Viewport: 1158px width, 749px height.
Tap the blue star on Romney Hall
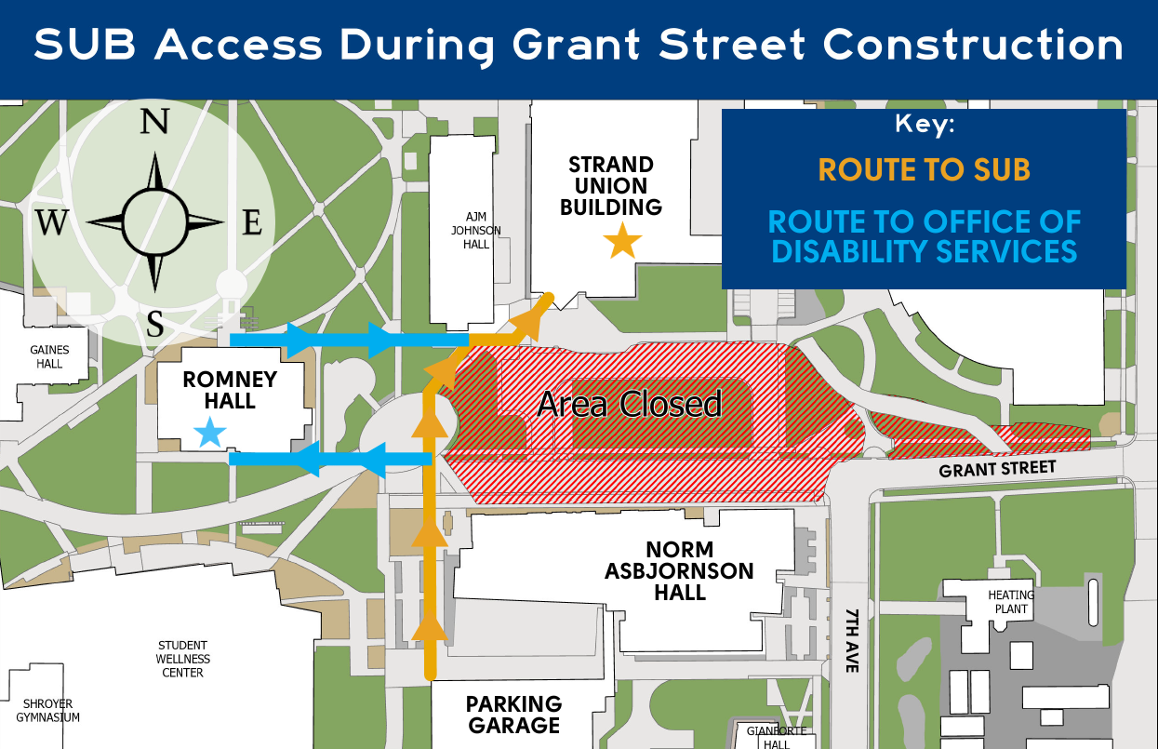tap(211, 432)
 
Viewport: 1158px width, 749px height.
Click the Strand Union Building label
tap(611, 186)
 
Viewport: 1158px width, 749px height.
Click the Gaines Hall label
tap(49, 357)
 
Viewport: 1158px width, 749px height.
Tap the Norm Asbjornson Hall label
tap(679, 570)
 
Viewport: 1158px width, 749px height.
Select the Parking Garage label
tap(514, 715)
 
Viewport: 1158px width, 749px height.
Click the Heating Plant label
tap(1010, 602)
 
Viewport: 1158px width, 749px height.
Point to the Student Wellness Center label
tap(183, 659)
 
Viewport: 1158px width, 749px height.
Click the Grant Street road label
tap(997, 468)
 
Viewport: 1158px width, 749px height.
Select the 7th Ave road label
tap(853, 642)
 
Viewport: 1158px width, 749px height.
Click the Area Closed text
tap(630, 404)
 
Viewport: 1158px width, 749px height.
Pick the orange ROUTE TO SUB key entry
tap(924, 169)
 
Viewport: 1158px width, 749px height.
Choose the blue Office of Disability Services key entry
tap(924, 236)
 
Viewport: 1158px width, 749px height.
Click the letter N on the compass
tap(154, 123)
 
